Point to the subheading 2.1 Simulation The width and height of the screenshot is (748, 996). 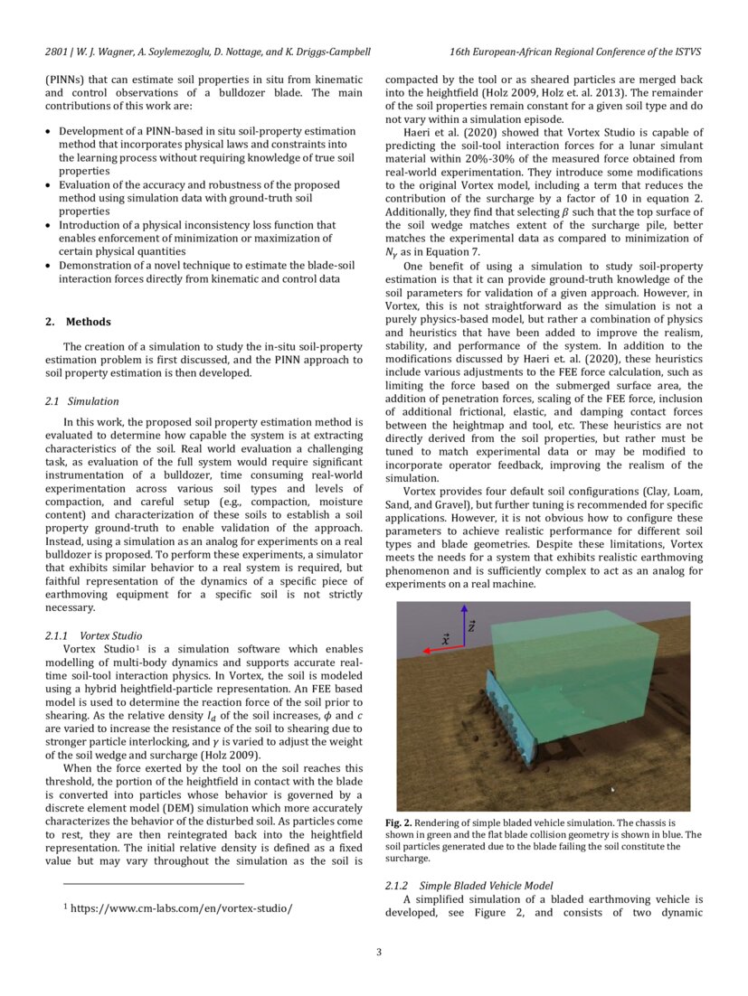(81, 400)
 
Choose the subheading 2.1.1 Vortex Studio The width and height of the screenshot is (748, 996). (92, 636)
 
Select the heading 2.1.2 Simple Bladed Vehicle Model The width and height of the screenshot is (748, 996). (469, 886)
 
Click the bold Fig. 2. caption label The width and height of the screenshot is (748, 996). (399, 823)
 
